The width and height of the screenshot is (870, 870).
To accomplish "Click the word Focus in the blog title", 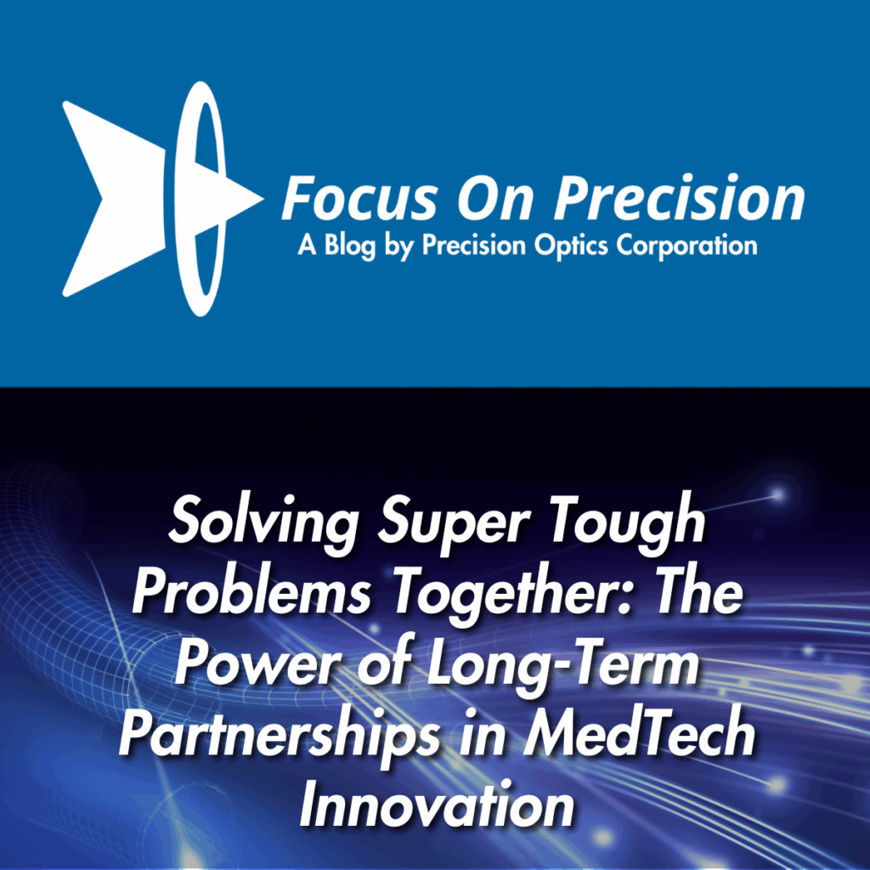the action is pyautogui.click(x=360, y=198).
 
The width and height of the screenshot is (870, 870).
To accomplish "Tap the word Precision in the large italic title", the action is pyautogui.click(x=680, y=197).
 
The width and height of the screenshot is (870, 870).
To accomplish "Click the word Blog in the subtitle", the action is pyautogui.click(x=349, y=246).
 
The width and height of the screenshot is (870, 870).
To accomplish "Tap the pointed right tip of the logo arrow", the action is pyautogui.click(x=263, y=199).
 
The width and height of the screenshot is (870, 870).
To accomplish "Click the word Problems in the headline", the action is pyautogui.click(x=251, y=591).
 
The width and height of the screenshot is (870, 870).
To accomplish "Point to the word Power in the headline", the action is pyautogui.click(x=260, y=663).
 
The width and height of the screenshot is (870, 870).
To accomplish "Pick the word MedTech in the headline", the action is pyautogui.click(x=639, y=734).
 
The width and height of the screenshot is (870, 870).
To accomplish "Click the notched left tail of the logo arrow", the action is pyautogui.click(x=100, y=198).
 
